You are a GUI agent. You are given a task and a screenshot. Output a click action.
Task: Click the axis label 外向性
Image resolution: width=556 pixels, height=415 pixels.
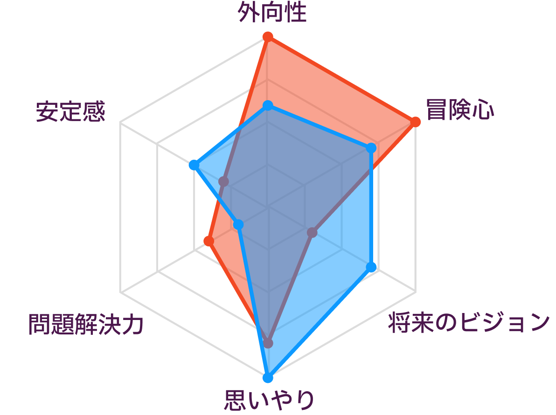pos(272,13)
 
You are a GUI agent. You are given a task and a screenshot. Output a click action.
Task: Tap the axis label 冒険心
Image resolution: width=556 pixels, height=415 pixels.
pos(459,110)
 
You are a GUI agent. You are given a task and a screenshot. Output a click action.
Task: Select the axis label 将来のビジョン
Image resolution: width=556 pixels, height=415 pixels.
pos(469,322)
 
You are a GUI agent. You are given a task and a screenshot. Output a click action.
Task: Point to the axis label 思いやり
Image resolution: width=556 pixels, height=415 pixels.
pos(269,400)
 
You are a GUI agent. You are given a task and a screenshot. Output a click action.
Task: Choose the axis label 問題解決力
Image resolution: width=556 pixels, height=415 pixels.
pos(86,324)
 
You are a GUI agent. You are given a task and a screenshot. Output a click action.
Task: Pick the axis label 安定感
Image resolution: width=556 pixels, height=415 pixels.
pos(70,111)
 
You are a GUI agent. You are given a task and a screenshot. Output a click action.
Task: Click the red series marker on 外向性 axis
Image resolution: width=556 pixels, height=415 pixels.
pos(268,37)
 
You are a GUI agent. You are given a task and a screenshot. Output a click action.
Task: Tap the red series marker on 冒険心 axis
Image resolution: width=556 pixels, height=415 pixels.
pos(415,122)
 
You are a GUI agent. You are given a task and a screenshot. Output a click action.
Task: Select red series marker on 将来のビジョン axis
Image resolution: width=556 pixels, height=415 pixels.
pos(312,232)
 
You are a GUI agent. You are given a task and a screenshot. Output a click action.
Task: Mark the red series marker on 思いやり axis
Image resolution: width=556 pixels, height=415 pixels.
pos(268,343)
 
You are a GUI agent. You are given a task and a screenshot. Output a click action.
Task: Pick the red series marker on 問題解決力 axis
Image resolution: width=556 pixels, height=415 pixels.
pos(209,241)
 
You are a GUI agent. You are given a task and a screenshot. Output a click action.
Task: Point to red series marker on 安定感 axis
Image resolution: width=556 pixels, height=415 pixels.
pos(223,182)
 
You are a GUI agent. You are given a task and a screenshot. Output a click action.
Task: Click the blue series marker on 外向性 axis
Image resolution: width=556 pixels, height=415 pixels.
pos(268,106)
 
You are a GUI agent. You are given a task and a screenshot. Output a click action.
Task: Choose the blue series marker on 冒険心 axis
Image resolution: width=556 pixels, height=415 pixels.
pos(371,148)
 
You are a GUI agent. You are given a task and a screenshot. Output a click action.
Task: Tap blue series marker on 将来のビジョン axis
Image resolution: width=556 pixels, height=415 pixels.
pos(371,267)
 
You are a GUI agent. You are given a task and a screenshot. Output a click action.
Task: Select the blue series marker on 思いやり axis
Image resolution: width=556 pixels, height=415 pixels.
pos(268,378)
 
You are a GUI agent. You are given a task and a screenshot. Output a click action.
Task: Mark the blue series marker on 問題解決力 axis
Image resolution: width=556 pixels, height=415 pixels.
pos(238,225)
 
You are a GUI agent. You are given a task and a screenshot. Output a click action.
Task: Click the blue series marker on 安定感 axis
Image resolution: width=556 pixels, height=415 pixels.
pos(194,165)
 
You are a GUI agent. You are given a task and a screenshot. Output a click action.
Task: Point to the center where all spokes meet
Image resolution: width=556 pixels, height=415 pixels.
pos(268,207)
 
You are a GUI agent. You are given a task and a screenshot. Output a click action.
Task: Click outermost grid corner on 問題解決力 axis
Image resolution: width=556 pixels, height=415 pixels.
pos(120,293)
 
